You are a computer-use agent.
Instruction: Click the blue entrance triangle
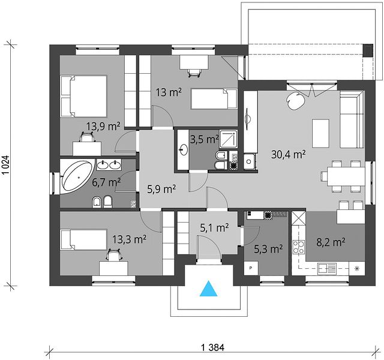(x=208, y=289)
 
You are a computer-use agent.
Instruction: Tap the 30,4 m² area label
(x=289, y=155)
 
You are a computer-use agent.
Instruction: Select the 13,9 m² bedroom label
(x=103, y=127)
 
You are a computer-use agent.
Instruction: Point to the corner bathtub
(x=77, y=176)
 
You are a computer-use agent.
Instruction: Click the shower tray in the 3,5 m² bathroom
(x=228, y=139)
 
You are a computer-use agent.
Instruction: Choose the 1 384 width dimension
(x=212, y=347)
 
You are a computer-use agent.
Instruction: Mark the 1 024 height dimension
(x=7, y=164)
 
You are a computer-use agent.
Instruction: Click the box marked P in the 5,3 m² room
(x=251, y=268)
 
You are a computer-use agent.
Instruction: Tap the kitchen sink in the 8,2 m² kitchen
(x=327, y=268)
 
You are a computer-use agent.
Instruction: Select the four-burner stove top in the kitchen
(x=299, y=247)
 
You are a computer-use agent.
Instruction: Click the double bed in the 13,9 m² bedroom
(x=84, y=96)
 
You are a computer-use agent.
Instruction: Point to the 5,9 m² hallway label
(x=161, y=189)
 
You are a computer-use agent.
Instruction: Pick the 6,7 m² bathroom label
(x=106, y=182)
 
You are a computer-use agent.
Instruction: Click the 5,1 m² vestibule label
(x=215, y=228)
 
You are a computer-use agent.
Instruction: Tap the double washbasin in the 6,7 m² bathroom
(x=109, y=164)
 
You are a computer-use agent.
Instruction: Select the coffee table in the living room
(x=320, y=133)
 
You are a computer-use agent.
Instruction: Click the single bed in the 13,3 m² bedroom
(x=84, y=239)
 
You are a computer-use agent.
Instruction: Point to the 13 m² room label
(x=169, y=92)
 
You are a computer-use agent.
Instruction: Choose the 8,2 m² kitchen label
(x=331, y=242)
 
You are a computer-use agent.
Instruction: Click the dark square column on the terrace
(x=368, y=50)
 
